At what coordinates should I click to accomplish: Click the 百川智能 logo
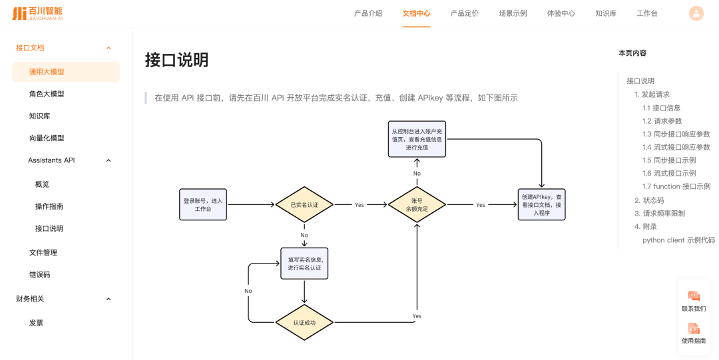(37, 13)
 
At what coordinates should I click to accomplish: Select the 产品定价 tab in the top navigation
(464, 13)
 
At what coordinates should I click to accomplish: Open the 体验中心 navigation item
(561, 13)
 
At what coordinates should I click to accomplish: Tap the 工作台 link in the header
(646, 13)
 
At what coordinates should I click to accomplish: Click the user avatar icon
(696, 13)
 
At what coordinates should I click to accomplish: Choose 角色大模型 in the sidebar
(47, 94)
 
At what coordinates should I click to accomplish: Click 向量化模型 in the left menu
(47, 138)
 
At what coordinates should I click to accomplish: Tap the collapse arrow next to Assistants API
(109, 160)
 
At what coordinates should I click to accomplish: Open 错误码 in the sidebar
(39, 274)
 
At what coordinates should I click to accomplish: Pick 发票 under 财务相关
(36, 323)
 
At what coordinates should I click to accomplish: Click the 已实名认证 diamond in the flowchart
(304, 205)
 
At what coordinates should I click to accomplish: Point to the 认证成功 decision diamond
(304, 323)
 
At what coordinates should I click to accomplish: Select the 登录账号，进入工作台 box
(203, 205)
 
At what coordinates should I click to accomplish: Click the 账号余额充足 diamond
(417, 205)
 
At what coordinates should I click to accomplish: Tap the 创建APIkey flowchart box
(541, 205)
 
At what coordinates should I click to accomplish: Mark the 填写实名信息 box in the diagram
(304, 264)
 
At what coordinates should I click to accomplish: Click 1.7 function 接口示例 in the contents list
(676, 186)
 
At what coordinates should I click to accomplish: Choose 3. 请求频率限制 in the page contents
(659, 214)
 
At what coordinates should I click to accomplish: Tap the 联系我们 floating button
(693, 301)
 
